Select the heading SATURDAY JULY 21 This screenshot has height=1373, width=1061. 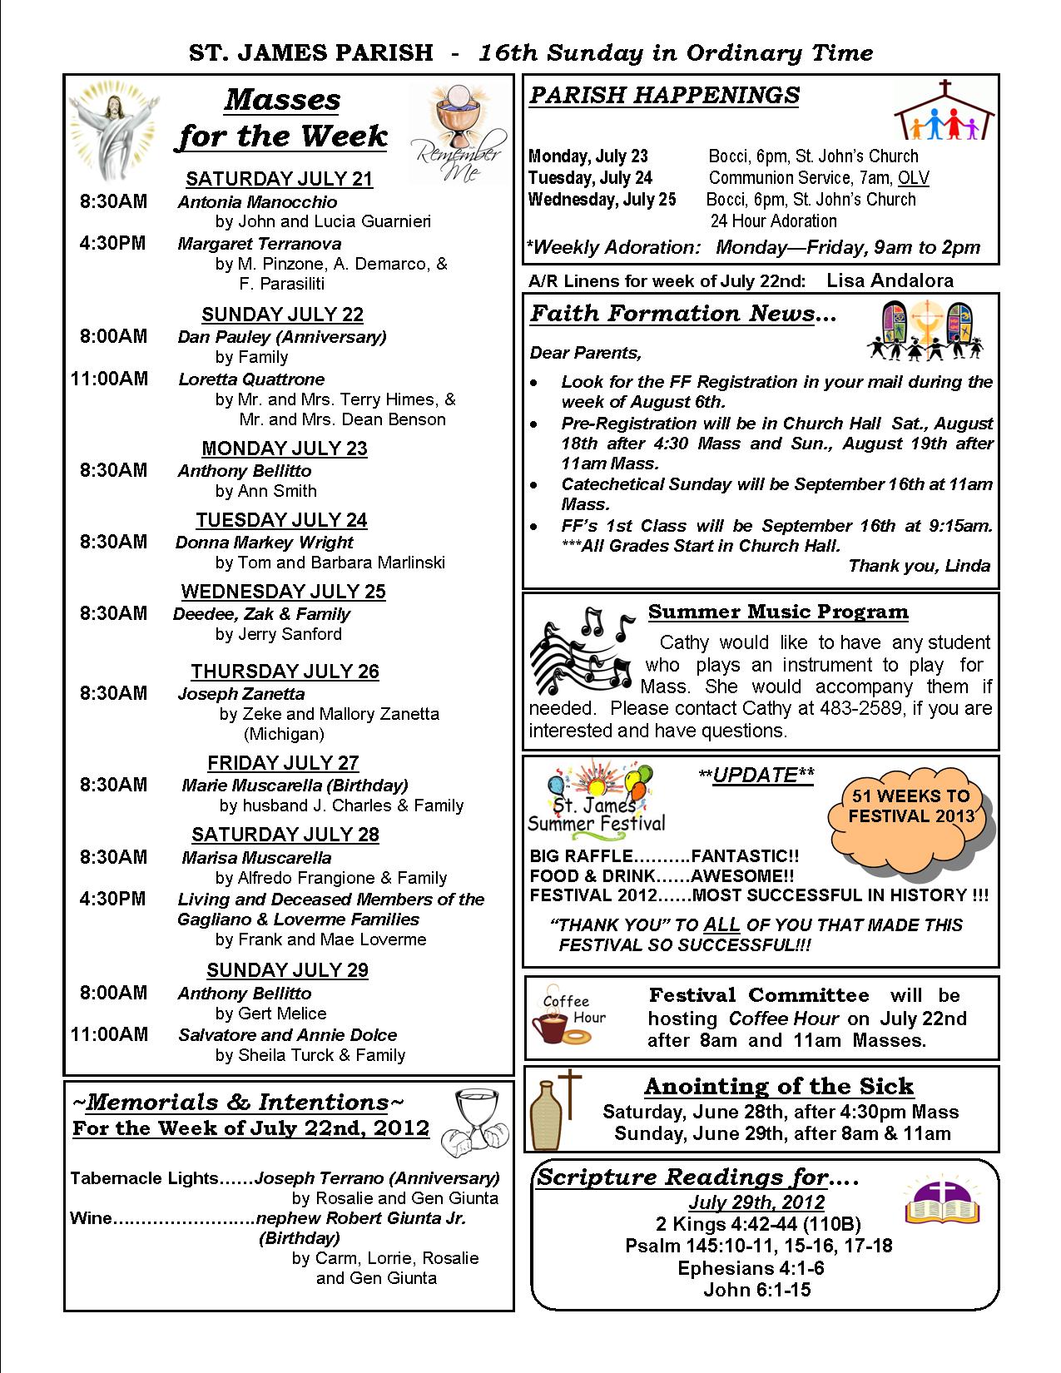tap(279, 179)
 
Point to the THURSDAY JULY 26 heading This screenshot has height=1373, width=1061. tap(285, 672)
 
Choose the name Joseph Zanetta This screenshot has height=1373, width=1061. tap(240, 694)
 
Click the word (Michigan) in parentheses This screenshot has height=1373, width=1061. tap(284, 734)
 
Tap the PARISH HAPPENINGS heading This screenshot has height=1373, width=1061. tap(664, 96)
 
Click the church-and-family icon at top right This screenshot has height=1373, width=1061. tap(944, 111)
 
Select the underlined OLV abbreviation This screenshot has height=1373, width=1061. tap(914, 178)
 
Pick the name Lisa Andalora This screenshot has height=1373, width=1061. tap(890, 280)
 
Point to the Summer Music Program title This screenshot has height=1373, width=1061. tap(778, 612)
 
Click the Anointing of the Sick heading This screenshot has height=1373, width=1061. tap(778, 1087)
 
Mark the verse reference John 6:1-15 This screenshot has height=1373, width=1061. tap(756, 1290)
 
